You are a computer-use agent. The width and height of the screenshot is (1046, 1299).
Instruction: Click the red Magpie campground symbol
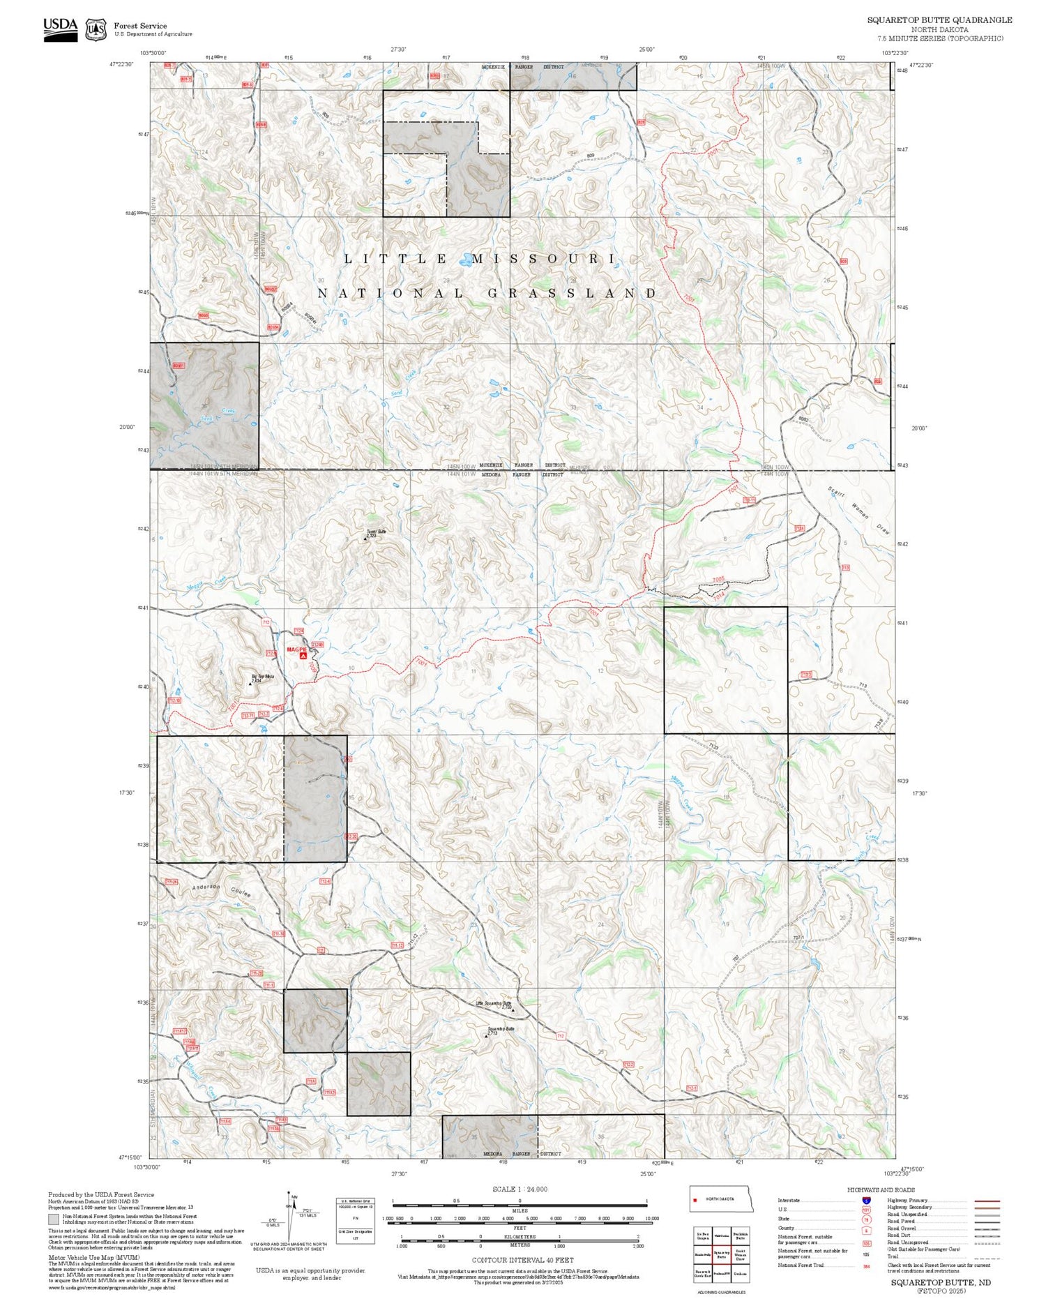303,656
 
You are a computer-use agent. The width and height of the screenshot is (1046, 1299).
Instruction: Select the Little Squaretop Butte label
494,1003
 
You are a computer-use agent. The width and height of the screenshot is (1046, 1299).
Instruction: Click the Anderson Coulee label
221,890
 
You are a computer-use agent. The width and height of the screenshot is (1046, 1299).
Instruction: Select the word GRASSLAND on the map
572,294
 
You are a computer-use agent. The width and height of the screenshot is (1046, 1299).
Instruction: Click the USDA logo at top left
61,29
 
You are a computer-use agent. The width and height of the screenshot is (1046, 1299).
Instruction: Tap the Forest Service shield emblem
96,30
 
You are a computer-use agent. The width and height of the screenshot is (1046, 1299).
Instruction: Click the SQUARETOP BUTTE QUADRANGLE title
939,20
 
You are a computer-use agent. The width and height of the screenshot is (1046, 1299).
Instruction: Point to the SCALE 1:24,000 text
520,1189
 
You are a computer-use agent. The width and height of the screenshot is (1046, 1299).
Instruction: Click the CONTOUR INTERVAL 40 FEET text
522,1260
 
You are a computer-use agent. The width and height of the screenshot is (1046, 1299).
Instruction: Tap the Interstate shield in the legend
866,1201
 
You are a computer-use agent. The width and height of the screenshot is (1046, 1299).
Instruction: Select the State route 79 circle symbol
866,1220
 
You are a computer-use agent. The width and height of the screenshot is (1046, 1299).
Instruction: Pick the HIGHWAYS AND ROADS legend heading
881,1190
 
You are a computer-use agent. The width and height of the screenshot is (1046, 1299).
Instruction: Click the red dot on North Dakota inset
695,1200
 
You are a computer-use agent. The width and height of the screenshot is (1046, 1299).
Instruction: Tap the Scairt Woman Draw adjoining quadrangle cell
741,1254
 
